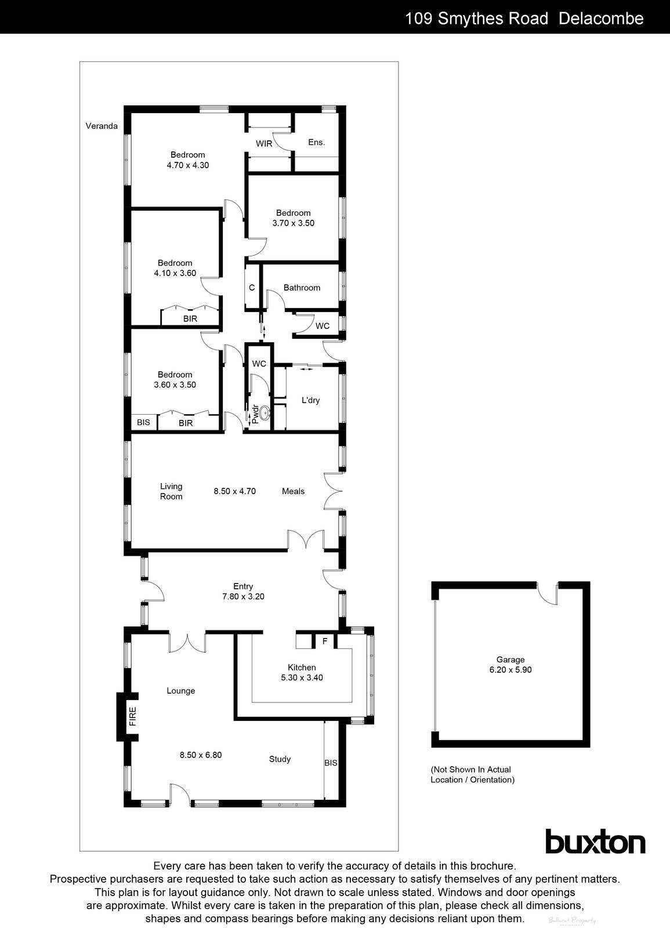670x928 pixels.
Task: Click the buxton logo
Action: click(595, 842)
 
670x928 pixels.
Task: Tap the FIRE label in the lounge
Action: click(133, 716)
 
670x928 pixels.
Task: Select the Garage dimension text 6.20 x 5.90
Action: click(510, 669)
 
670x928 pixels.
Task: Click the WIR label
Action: click(264, 143)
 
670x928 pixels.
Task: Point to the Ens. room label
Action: click(316, 142)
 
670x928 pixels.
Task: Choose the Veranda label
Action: click(102, 126)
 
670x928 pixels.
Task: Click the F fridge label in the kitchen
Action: click(325, 641)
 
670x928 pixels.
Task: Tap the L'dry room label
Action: click(310, 400)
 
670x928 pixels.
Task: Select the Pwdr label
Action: click(253, 415)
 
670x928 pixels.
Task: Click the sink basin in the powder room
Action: click(265, 414)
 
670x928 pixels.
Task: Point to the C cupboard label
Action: click(252, 288)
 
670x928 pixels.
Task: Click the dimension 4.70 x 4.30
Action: click(187, 165)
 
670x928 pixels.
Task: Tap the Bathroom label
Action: click(302, 288)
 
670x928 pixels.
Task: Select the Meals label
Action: click(293, 491)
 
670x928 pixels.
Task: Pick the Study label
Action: click(280, 759)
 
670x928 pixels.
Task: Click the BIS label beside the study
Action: click(331, 763)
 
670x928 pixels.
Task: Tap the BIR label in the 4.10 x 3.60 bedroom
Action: click(190, 318)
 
